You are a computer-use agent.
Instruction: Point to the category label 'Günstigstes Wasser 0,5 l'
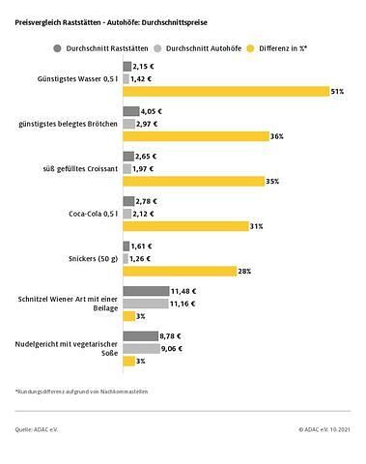[x=75, y=78]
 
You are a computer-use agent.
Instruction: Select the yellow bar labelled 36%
[x=193, y=136]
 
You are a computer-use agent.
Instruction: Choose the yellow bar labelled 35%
[x=191, y=181]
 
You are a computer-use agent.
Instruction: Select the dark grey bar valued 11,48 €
[x=144, y=291]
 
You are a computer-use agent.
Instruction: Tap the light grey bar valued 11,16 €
[x=143, y=304]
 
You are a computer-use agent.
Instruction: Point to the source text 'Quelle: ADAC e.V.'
[x=36, y=427]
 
